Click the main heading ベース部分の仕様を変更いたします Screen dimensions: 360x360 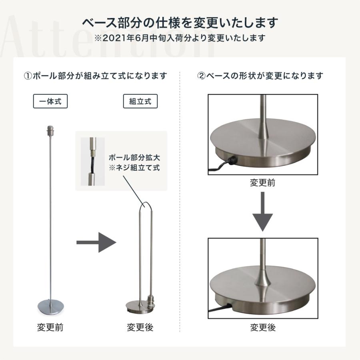pyautogui.click(x=180, y=22)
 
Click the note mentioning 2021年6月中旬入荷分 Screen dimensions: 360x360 pyautogui.click(x=180, y=38)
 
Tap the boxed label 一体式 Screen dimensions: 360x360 pyautogui.click(x=50, y=102)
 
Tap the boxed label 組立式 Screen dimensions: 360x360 pyautogui.click(x=140, y=102)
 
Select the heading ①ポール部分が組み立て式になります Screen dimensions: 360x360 pyautogui.click(x=96, y=76)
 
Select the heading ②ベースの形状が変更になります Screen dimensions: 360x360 pyautogui.click(x=260, y=76)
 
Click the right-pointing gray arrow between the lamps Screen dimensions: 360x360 pyautogui.click(x=96, y=242)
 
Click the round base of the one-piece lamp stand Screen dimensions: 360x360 pyautogui.click(x=50, y=306)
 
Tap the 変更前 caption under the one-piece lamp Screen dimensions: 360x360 pyautogui.click(x=50, y=328)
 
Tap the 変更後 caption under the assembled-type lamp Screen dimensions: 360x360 pyautogui.click(x=140, y=328)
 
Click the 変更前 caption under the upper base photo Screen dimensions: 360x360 pyautogui.click(x=262, y=183)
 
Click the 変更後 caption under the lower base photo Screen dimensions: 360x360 pyautogui.click(x=263, y=328)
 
